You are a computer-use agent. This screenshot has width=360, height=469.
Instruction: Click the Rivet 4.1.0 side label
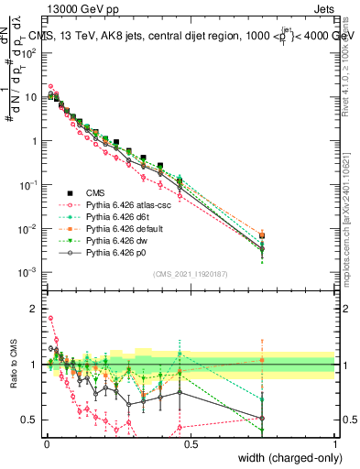point(351,64)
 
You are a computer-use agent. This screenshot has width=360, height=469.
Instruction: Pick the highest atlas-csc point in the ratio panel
point(50,319)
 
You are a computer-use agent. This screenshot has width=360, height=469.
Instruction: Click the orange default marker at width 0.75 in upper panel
point(263,235)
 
